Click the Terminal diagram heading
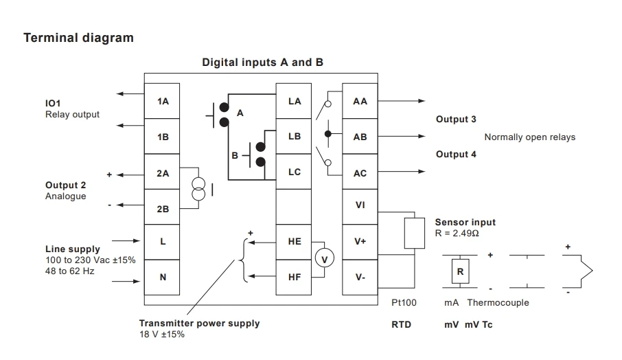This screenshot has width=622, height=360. pyautogui.click(x=78, y=38)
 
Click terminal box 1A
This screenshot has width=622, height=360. pyautogui.click(x=163, y=102)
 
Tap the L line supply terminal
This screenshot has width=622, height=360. pyautogui.click(x=163, y=242)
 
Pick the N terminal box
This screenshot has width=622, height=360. pyautogui.click(x=163, y=278)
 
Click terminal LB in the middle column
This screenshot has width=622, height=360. pyautogui.click(x=295, y=137)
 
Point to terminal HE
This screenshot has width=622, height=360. pyautogui.click(x=295, y=242)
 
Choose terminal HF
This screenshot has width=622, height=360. pyautogui.click(x=295, y=278)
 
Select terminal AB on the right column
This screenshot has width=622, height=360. pyautogui.click(x=360, y=137)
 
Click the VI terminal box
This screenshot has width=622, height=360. pyautogui.click(x=360, y=205)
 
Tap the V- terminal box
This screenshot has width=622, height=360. pyautogui.click(x=360, y=278)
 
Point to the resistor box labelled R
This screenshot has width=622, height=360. pyautogui.click(x=460, y=271)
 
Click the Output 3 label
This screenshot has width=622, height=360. pyautogui.click(x=456, y=120)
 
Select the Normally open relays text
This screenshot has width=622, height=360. pyautogui.click(x=529, y=137)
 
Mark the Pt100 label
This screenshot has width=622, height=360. pyautogui.click(x=404, y=303)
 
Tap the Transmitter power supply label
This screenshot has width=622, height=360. pyautogui.click(x=199, y=324)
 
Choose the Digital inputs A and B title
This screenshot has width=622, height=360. pyautogui.click(x=262, y=63)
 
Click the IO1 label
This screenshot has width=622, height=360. pyautogui.click(x=54, y=103)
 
